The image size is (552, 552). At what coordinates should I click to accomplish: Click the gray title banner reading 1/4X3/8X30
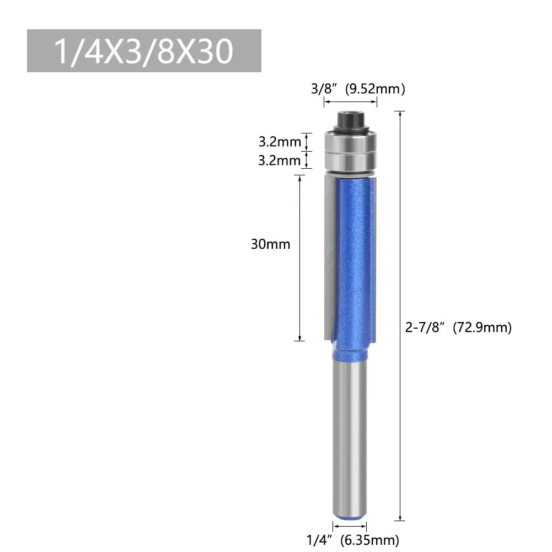(x=144, y=51)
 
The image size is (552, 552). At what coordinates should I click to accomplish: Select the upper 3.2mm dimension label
(x=280, y=142)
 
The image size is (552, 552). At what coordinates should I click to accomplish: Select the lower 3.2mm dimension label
(x=280, y=160)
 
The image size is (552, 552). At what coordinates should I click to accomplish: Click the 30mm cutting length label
(x=270, y=244)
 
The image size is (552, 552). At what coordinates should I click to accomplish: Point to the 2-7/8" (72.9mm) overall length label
(x=458, y=328)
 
